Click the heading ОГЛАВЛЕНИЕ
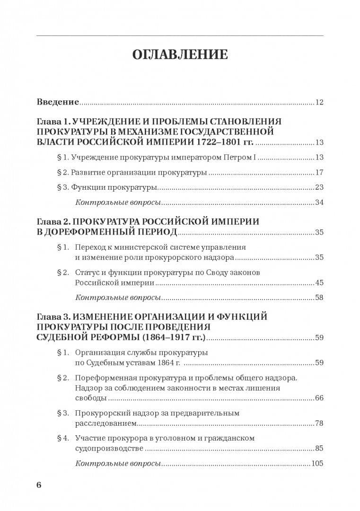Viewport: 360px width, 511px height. (180, 54)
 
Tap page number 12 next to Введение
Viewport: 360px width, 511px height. (319, 102)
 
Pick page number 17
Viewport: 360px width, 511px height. (319, 173)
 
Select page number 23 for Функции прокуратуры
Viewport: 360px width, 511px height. (319, 187)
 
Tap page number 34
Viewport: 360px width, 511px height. (319, 203)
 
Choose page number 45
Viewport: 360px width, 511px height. (319, 283)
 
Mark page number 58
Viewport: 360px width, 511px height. (319, 298)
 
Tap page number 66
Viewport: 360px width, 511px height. (319, 398)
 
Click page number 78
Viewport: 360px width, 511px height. (319, 423)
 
